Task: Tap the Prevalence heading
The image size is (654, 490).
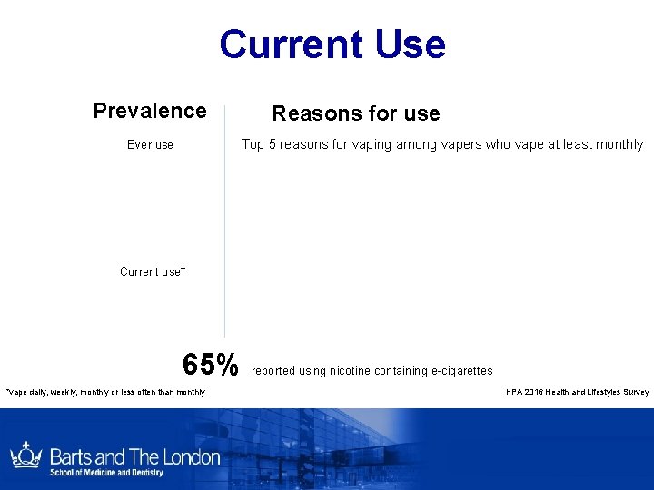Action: pos(150,111)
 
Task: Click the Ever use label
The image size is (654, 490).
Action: pos(150,144)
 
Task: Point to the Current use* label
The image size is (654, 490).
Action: pos(153,271)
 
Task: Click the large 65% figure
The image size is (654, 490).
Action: pos(210,365)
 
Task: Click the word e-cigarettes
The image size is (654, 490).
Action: pos(460,371)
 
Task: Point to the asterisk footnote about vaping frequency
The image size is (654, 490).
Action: pos(104,392)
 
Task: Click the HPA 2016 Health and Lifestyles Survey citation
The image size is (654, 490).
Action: pos(578,392)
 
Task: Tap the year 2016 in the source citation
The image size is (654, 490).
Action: pos(536,392)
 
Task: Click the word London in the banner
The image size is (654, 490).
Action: pos(191,456)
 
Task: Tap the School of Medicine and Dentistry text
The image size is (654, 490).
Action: pos(106,473)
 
